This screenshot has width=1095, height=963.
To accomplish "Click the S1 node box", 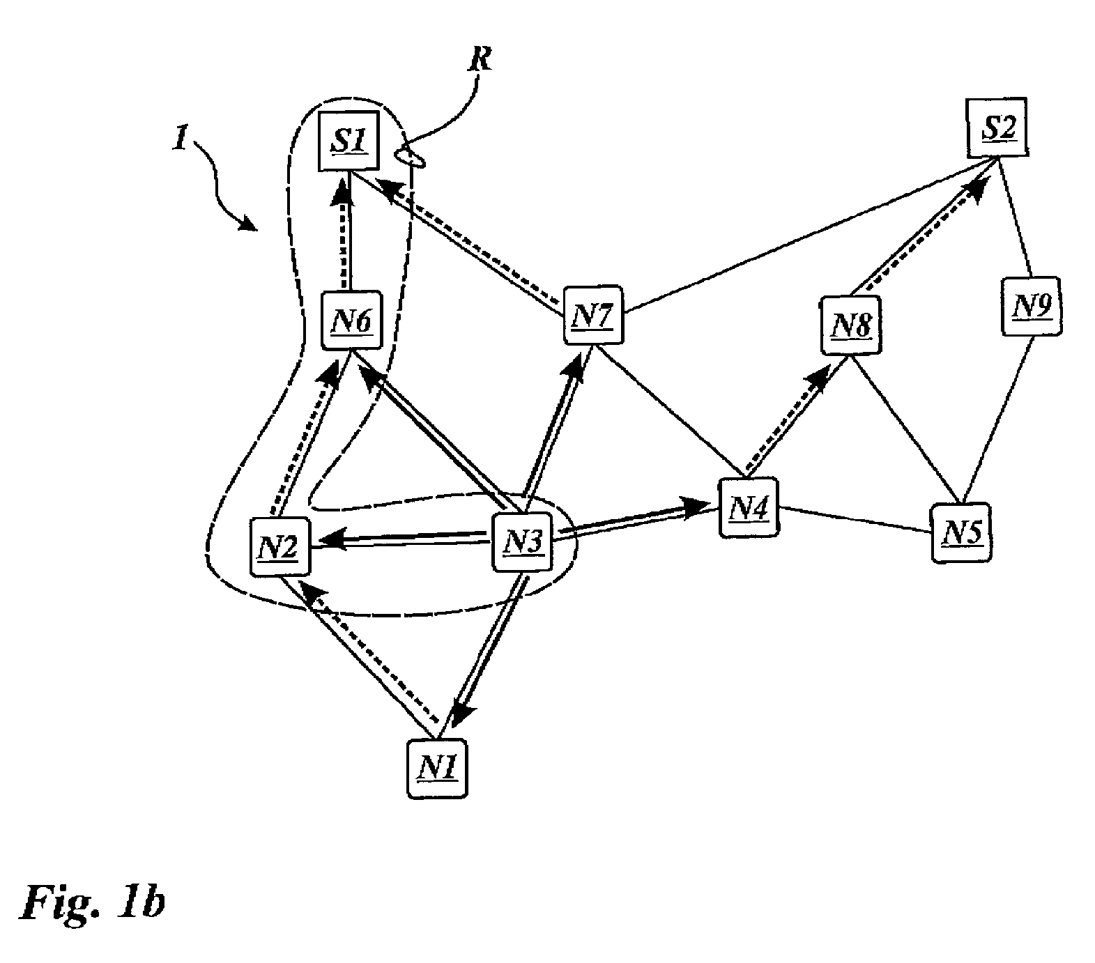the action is pyautogui.click(x=348, y=140).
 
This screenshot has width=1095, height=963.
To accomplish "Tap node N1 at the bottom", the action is pyautogui.click(x=437, y=768).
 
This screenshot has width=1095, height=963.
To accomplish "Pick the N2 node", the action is pyautogui.click(x=280, y=546).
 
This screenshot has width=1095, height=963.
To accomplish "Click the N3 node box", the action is pyautogui.click(x=522, y=542).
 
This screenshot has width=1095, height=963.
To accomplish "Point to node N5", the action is pyautogui.click(x=961, y=532).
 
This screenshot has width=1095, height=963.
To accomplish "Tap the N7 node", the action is pyautogui.click(x=593, y=315).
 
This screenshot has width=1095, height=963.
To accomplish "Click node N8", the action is pyautogui.click(x=850, y=325).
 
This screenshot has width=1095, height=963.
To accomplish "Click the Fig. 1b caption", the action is pyautogui.click(x=93, y=904).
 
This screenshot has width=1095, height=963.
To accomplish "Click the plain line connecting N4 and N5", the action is pyautogui.click(x=855, y=519).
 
